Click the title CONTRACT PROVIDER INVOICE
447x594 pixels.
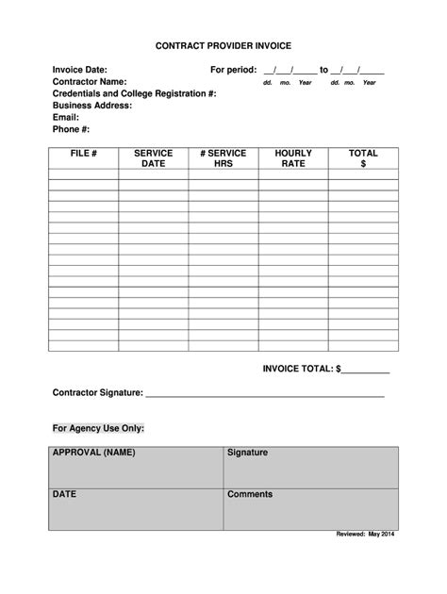coord(223,45)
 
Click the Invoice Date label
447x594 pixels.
coord(80,71)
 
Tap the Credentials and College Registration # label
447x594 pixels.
coord(135,94)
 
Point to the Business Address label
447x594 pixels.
coord(92,106)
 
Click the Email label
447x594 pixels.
coord(66,118)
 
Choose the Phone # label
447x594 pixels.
coord(71,129)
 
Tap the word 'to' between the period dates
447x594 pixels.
coord(323,71)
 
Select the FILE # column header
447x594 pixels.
coord(83,153)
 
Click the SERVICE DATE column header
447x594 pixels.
coord(153,158)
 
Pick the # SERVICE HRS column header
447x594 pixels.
coord(223,158)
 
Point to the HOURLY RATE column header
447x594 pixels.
coord(293,158)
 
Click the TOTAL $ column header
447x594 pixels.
coord(363,158)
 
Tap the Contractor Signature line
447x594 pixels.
coord(264,394)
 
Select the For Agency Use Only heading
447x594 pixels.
coord(98,428)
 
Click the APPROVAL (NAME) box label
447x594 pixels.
coord(94,453)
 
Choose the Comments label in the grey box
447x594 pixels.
coord(250,494)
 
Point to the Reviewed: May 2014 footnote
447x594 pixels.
coord(367,535)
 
